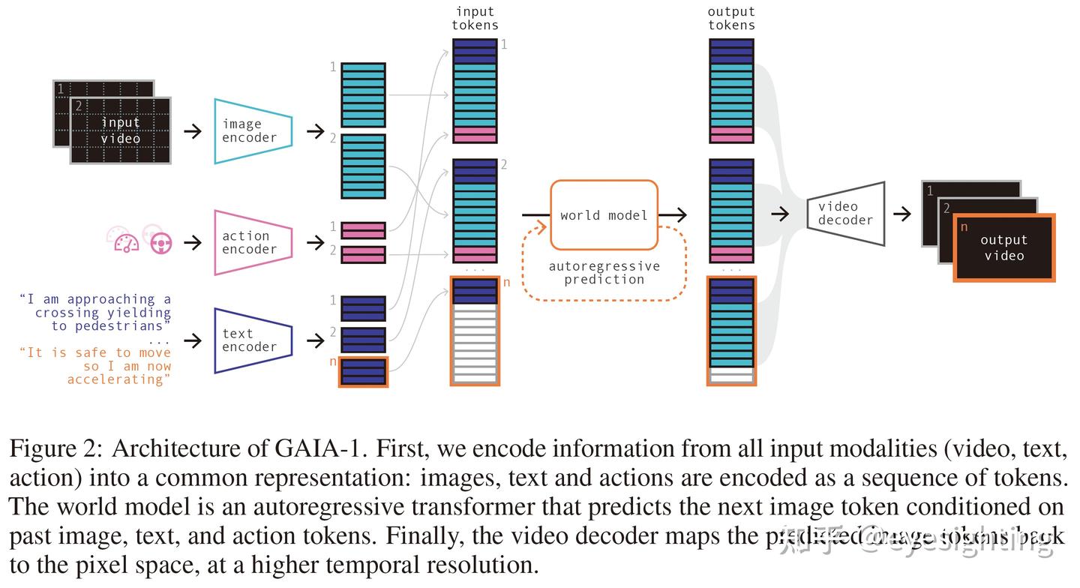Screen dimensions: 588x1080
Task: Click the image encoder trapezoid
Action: coord(252,131)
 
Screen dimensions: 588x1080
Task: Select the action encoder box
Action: coord(252,242)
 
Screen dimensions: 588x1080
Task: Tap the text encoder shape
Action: coord(252,340)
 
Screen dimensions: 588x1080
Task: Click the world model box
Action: coord(604,215)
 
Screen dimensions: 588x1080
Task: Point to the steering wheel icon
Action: coord(160,242)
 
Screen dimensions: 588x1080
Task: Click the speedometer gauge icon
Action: coord(123,240)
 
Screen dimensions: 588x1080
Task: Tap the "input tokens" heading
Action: coord(475,19)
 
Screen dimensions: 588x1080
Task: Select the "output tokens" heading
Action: coord(731,19)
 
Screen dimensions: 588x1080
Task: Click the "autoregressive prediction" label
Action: coord(604,273)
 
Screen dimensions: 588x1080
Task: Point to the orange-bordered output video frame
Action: coord(1003,247)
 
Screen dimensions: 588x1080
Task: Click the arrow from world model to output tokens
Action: coord(673,215)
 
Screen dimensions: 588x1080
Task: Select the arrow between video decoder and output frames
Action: coord(901,214)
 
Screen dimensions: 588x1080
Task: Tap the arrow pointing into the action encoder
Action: coord(193,242)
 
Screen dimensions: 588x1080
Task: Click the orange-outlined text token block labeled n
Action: coord(364,371)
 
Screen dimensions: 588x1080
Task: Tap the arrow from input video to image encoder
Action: coord(193,131)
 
